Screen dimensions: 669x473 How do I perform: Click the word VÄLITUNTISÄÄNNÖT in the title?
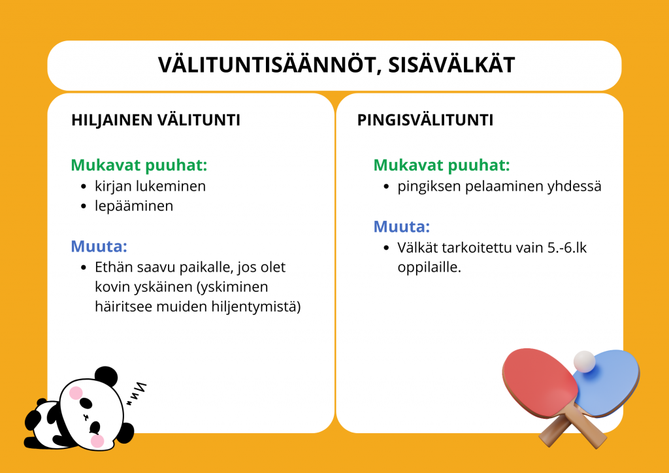tap(269, 65)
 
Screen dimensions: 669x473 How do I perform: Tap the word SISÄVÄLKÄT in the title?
tap(451, 65)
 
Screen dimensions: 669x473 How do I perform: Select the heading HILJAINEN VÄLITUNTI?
tap(155, 120)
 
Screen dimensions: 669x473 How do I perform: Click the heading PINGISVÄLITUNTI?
tap(425, 120)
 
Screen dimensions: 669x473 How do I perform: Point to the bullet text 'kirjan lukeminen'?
tap(150, 186)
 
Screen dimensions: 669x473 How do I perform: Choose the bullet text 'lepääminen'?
tap(134, 206)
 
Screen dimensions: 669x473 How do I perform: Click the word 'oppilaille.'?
tap(429, 267)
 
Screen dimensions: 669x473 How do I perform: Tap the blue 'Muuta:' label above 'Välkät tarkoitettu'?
tap(402, 226)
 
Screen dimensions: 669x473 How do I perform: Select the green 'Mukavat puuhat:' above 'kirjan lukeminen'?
tap(139, 165)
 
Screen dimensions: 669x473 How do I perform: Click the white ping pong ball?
tap(584, 362)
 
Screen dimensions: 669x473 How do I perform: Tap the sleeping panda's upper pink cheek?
tap(76, 393)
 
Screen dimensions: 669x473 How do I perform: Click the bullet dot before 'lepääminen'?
tap(84, 206)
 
